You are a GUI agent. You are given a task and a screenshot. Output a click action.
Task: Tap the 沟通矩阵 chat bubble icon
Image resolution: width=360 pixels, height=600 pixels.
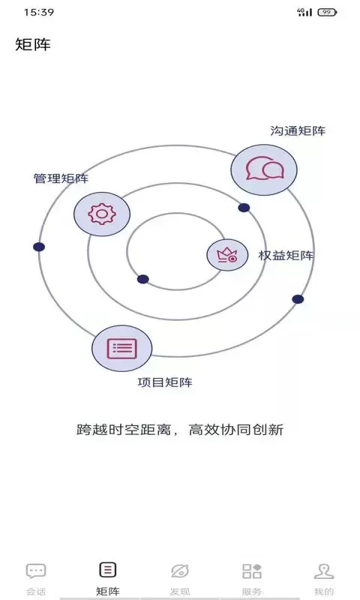pyautogui.click(x=264, y=169)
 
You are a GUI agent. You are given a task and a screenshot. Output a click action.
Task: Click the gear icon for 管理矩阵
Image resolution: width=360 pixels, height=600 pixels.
pyautogui.click(x=102, y=214)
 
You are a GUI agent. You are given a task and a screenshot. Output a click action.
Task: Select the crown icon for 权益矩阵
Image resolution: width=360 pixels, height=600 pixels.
pyautogui.click(x=227, y=255)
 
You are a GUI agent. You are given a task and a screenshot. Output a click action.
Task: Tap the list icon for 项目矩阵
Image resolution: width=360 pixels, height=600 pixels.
pyautogui.click(x=122, y=348)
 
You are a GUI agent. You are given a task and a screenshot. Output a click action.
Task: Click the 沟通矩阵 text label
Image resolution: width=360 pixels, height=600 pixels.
pyautogui.click(x=298, y=130)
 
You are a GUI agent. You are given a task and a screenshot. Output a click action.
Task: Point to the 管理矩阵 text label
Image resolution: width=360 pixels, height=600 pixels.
pyautogui.click(x=61, y=178)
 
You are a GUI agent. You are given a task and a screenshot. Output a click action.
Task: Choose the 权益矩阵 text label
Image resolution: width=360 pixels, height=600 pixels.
pyautogui.click(x=286, y=255)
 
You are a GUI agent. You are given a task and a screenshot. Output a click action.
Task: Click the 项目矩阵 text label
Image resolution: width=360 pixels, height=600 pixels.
pyautogui.click(x=165, y=382)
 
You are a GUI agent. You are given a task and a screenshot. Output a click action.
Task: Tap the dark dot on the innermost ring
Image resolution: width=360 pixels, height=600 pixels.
pyautogui.click(x=142, y=279)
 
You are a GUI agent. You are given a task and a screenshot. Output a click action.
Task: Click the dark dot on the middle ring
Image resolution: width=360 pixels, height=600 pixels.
pyautogui.click(x=244, y=208)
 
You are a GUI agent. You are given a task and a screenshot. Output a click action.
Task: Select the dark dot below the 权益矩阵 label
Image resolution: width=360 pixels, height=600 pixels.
pyautogui.click(x=298, y=299)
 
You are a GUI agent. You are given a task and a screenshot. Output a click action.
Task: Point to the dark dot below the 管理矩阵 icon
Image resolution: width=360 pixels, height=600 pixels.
pyautogui.click(x=39, y=247)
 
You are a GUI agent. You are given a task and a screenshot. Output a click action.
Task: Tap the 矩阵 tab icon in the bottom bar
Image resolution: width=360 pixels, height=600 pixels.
pyautogui.click(x=108, y=570)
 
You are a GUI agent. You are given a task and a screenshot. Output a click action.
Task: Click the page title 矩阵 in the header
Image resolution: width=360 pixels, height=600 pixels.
pyautogui.click(x=33, y=44)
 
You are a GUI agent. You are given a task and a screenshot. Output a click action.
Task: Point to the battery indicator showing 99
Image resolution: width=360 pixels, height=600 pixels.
pyautogui.click(x=327, y=12)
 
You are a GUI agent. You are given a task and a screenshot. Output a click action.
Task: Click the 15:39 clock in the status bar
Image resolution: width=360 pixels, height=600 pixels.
pyautogui.click(x=39, y=12)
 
